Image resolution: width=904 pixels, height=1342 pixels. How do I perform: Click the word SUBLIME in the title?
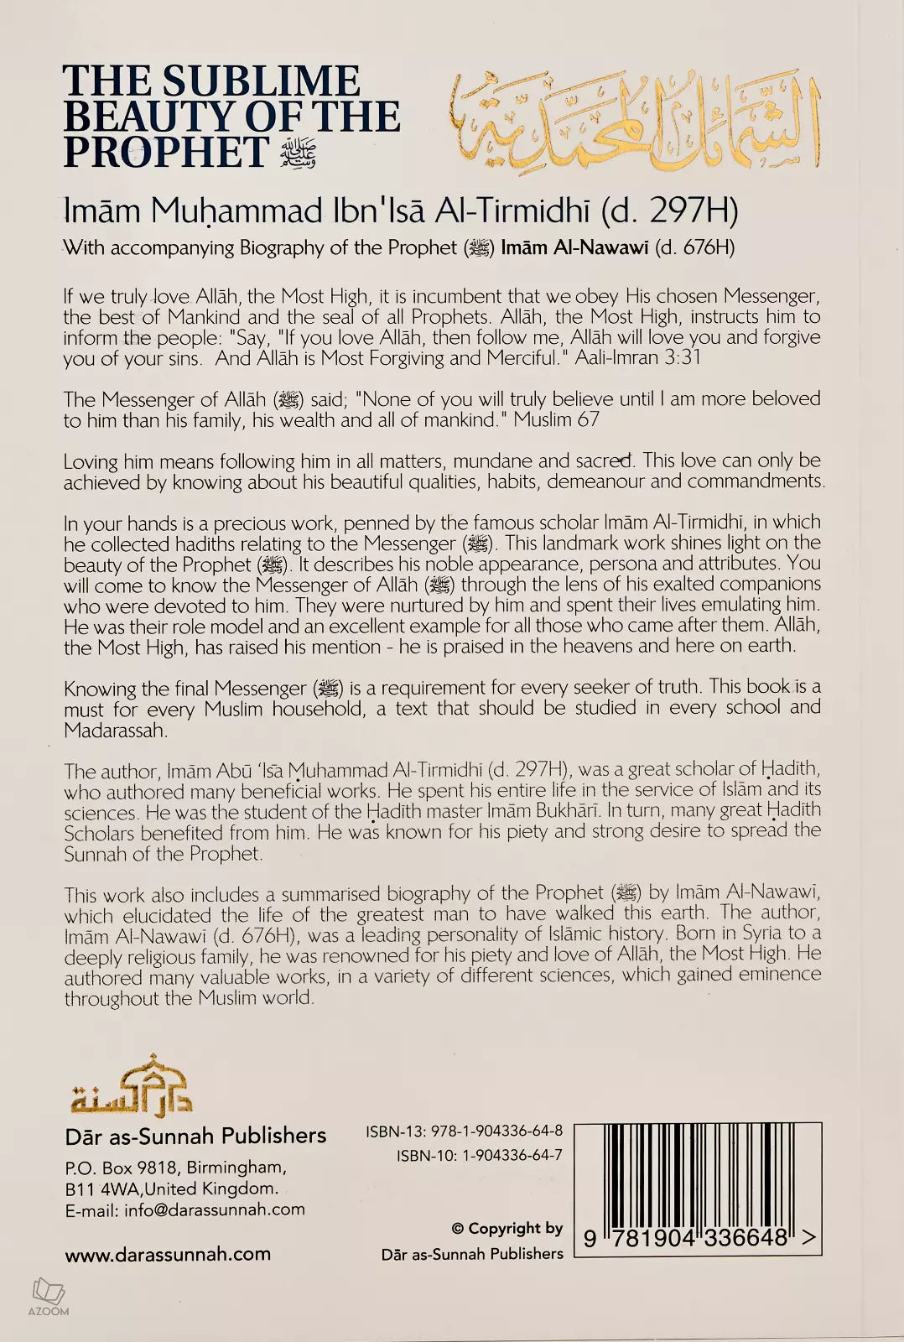(x=261, y=81)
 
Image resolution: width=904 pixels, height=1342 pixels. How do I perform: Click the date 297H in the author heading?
(x=688, y=211)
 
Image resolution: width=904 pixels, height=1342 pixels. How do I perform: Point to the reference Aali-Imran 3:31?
(x=637, y=358)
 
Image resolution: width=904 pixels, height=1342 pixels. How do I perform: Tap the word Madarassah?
(x=115, y=731)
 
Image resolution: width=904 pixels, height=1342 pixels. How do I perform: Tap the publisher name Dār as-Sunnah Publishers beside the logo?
(x=195, y=1136)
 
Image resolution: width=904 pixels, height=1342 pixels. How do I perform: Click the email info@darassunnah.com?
(x=214, y=1209)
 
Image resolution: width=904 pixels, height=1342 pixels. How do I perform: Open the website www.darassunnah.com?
(x=168, y=1254)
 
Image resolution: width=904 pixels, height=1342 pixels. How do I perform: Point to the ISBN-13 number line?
(x=464, y=1131)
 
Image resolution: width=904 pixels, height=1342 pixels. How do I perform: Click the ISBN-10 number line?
(x=479, y=1155)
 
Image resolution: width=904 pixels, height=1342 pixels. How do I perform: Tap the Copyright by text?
(x=507, y=1229)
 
